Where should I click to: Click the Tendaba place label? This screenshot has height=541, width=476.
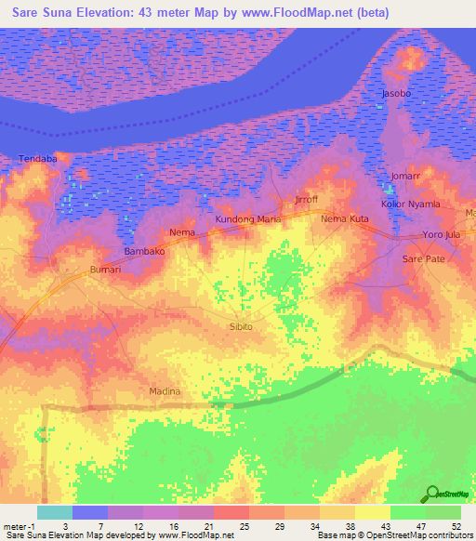(x=39, y=159)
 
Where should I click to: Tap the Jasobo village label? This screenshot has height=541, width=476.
(x=398, y=95)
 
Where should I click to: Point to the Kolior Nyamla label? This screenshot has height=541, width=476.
(x=410, y=204)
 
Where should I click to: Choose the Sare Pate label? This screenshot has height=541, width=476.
(x=423, y=260)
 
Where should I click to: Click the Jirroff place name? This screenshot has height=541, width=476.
(x=306, y=201)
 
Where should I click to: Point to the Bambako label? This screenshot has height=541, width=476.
(x=144, y=252)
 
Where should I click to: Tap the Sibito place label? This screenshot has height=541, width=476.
(x=241, y=327)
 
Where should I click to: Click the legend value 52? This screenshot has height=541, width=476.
(x=457, y=526)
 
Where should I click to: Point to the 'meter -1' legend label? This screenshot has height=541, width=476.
(x=20, y=526)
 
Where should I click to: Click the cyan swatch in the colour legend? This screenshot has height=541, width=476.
(x=55, y=512)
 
